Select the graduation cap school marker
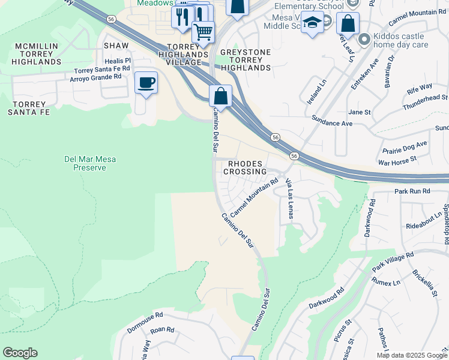[312, 24]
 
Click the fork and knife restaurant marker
[182, 17]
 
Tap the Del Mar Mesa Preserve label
[89, 163]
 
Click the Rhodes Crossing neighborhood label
[245, 167]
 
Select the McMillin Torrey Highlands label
[37, 53]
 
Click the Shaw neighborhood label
[116, 46]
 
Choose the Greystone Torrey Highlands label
[246, 60]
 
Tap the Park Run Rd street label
[412, 191]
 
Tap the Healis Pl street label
[118, 61]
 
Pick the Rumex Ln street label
[385, 282]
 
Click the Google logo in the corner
[20, 353]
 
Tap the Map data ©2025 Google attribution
[411, 355]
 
